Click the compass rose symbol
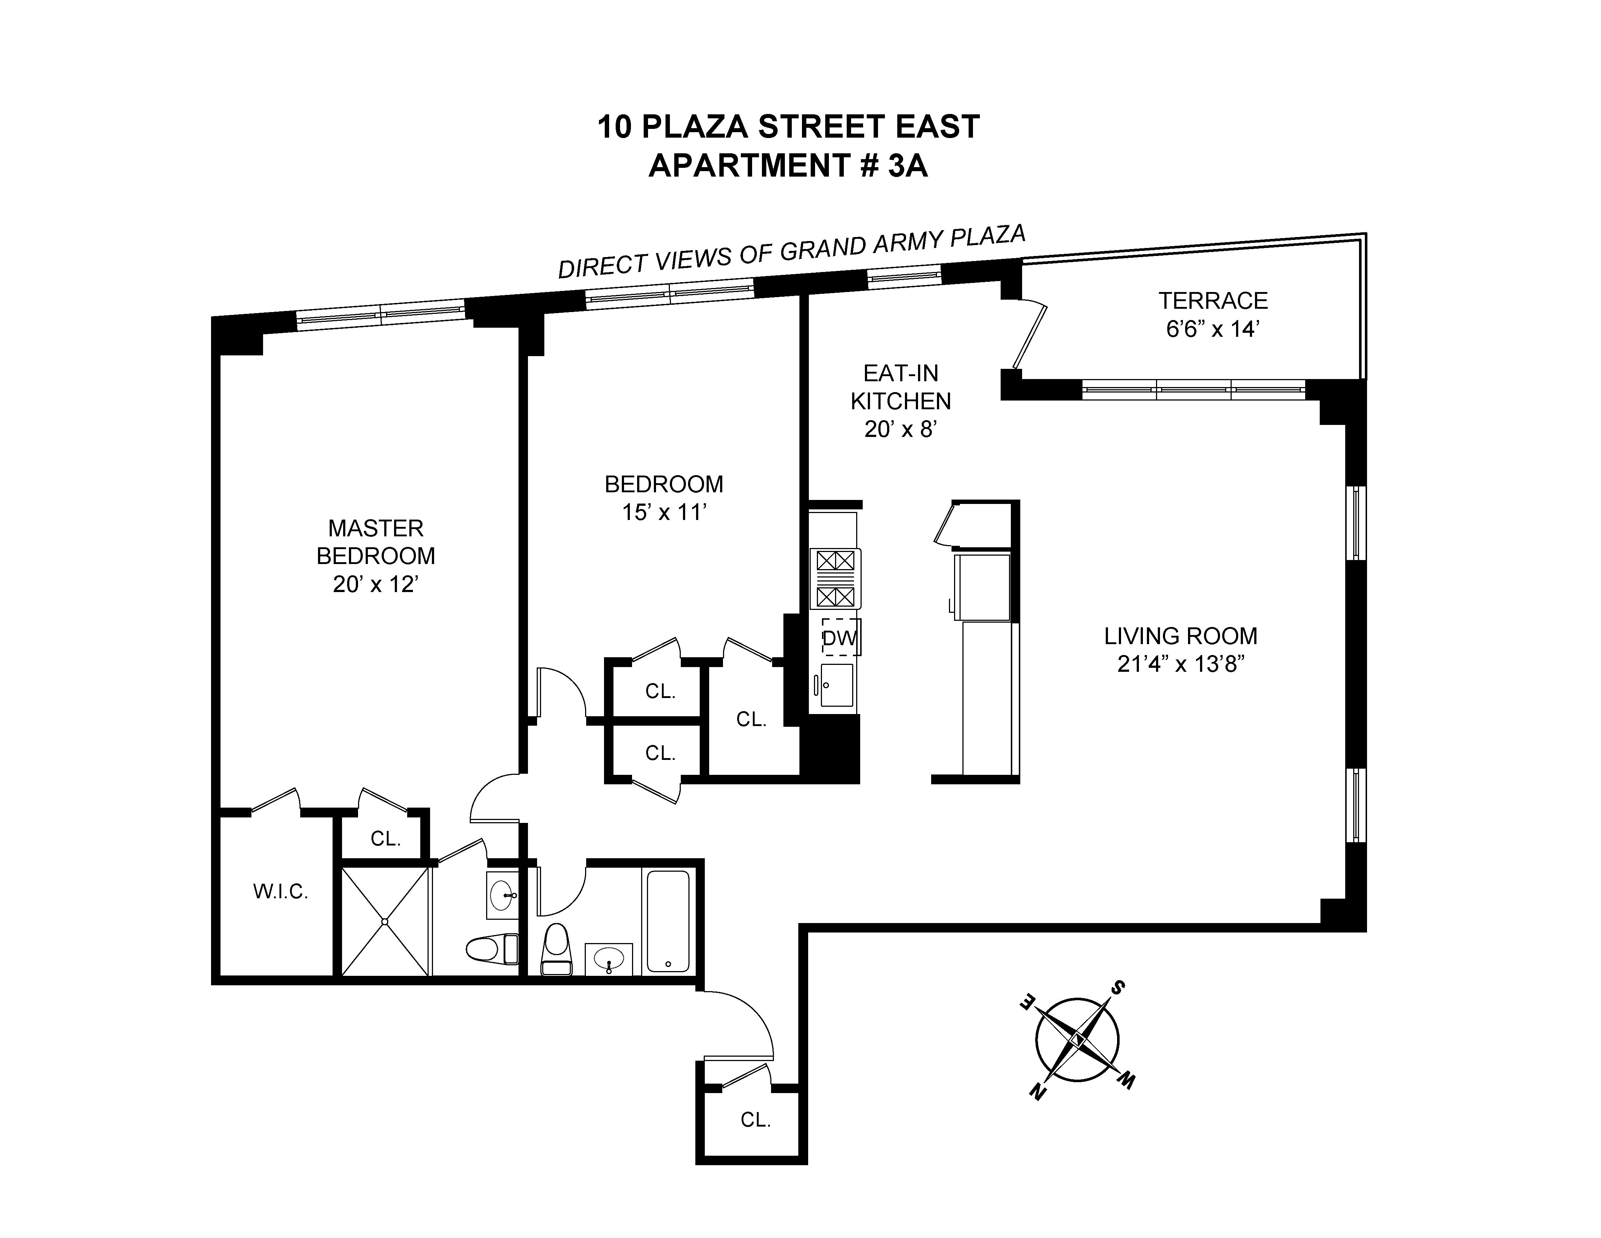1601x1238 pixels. click(1077, 1040)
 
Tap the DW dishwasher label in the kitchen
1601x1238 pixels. click(839, 638)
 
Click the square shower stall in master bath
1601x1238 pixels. click(385, 922)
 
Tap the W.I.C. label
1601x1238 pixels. click(280, 892)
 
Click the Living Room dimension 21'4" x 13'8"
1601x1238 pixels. click(1180, 664)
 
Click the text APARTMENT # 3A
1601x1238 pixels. click(788, 166)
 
